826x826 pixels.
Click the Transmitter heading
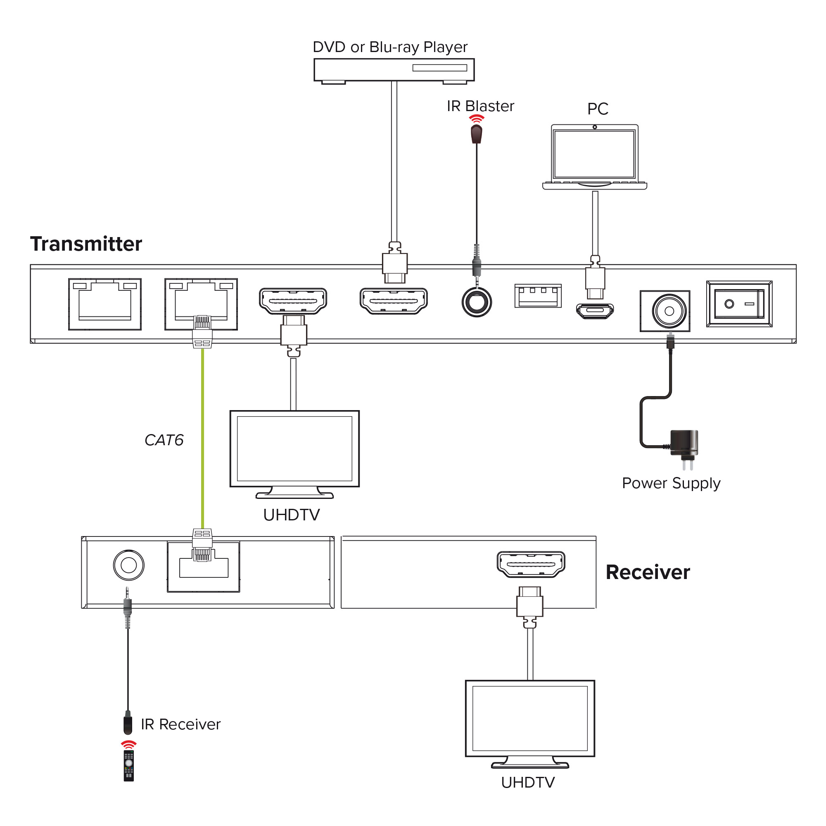point(86,244)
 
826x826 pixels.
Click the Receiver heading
point(648,572)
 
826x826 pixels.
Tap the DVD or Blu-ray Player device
point(394,71)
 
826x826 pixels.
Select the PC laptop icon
point(594,157)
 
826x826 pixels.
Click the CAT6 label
point(164,440)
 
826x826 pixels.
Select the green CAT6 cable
point(203,438)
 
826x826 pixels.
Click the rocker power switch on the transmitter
point(739,304)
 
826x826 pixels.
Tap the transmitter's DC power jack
point(665,311)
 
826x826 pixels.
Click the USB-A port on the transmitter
point(538,296)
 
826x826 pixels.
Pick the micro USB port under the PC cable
point(595,311)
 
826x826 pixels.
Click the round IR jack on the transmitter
point(477,302)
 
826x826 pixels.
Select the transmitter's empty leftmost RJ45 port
point(105,304)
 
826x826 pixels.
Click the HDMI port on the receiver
point(531,564)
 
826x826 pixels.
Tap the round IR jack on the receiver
point(129,565)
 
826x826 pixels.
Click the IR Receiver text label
point(180,724)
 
